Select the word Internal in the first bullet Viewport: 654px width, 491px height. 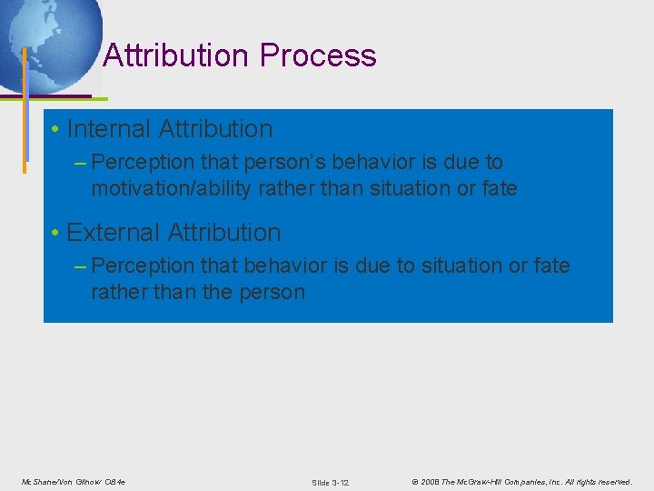point(109,129)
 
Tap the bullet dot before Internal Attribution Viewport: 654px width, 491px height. point(55,130)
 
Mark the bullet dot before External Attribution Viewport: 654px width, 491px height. point(55,234)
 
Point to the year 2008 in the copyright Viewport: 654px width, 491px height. point(430,482)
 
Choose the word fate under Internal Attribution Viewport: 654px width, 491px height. point(498,189)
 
